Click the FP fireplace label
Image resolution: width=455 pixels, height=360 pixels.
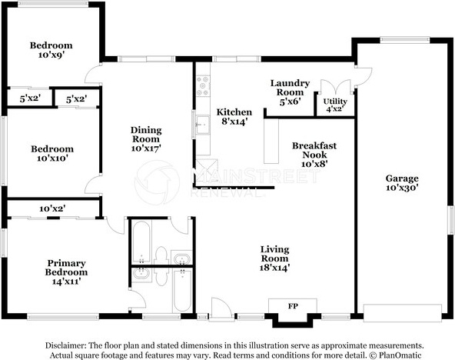[293, 306]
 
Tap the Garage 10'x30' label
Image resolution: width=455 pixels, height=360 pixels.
[402, 182]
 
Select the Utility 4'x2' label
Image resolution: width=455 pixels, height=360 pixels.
[335, 105]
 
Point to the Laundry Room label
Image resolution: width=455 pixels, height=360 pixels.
[290, 88]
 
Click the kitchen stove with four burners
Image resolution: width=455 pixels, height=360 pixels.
[203, 86]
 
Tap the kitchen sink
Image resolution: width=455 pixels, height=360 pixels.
[203, 125]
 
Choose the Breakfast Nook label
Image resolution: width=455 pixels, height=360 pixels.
[314, 150]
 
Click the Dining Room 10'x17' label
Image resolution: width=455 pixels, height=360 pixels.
[146, 138]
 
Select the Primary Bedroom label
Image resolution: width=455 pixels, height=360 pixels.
[66, 268]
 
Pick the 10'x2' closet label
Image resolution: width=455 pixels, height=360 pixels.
[52, 208]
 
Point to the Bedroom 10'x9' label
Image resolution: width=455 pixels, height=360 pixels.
[51, 50]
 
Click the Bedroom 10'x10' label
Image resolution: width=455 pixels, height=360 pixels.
[52, 153]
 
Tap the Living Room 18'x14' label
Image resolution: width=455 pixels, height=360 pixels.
[274, 258]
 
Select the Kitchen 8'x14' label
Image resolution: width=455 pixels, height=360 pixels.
[234, 116]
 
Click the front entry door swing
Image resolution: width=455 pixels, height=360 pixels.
[221, 308]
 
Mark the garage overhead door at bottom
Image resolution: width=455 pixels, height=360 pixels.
[403, 313]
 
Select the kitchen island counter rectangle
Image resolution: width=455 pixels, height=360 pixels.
[271, 141]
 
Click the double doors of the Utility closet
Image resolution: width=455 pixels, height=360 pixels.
[336, 87]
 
